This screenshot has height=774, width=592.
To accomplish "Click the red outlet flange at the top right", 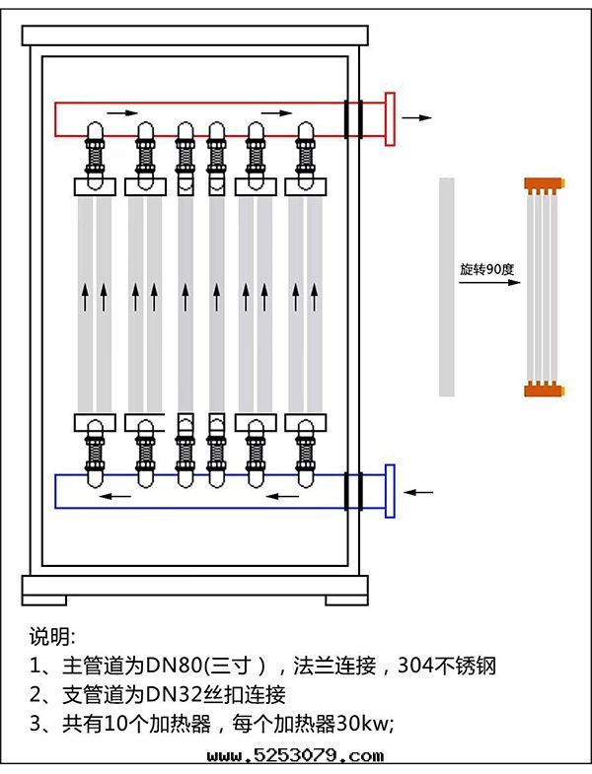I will (390, 118).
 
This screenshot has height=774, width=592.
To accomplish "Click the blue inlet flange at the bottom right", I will (390, 490).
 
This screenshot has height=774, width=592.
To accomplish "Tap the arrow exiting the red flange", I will (417, 117).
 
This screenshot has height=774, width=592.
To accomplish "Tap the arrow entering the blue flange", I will (419, 490).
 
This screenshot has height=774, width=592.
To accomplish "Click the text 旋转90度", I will (488, 268).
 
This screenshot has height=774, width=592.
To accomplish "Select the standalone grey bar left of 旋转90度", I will (447, 286).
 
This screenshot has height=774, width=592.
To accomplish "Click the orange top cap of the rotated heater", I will (543, 183).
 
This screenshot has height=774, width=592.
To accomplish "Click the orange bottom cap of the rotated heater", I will (543, 388).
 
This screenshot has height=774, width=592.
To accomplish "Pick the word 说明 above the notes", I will (51, 634).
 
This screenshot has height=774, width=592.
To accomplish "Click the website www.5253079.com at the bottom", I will (295, 757).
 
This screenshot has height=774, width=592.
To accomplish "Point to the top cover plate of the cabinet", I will (194, 35).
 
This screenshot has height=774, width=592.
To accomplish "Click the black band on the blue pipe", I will (352, 490).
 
